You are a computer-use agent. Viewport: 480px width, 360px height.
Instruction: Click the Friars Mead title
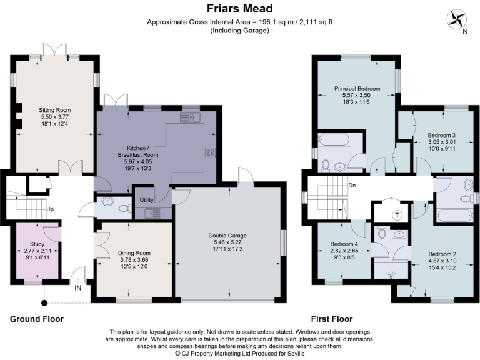point(239,9)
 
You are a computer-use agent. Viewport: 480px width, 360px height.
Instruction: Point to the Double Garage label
point(227,236)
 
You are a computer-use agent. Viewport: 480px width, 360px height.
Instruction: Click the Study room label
point(37,244)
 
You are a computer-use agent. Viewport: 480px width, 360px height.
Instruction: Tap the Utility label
point(146,199)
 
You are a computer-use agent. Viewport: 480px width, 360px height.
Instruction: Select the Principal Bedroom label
point(357,88)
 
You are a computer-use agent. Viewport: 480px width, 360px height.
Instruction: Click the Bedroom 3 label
point(441,135)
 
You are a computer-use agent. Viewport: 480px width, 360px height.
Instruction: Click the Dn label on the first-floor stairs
point(352,186)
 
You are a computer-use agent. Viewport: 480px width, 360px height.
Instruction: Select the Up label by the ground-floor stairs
point(49,209)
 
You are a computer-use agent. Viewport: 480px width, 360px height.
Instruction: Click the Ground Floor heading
point(36,319)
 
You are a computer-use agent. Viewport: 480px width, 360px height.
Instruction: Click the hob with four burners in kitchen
point(210,152)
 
